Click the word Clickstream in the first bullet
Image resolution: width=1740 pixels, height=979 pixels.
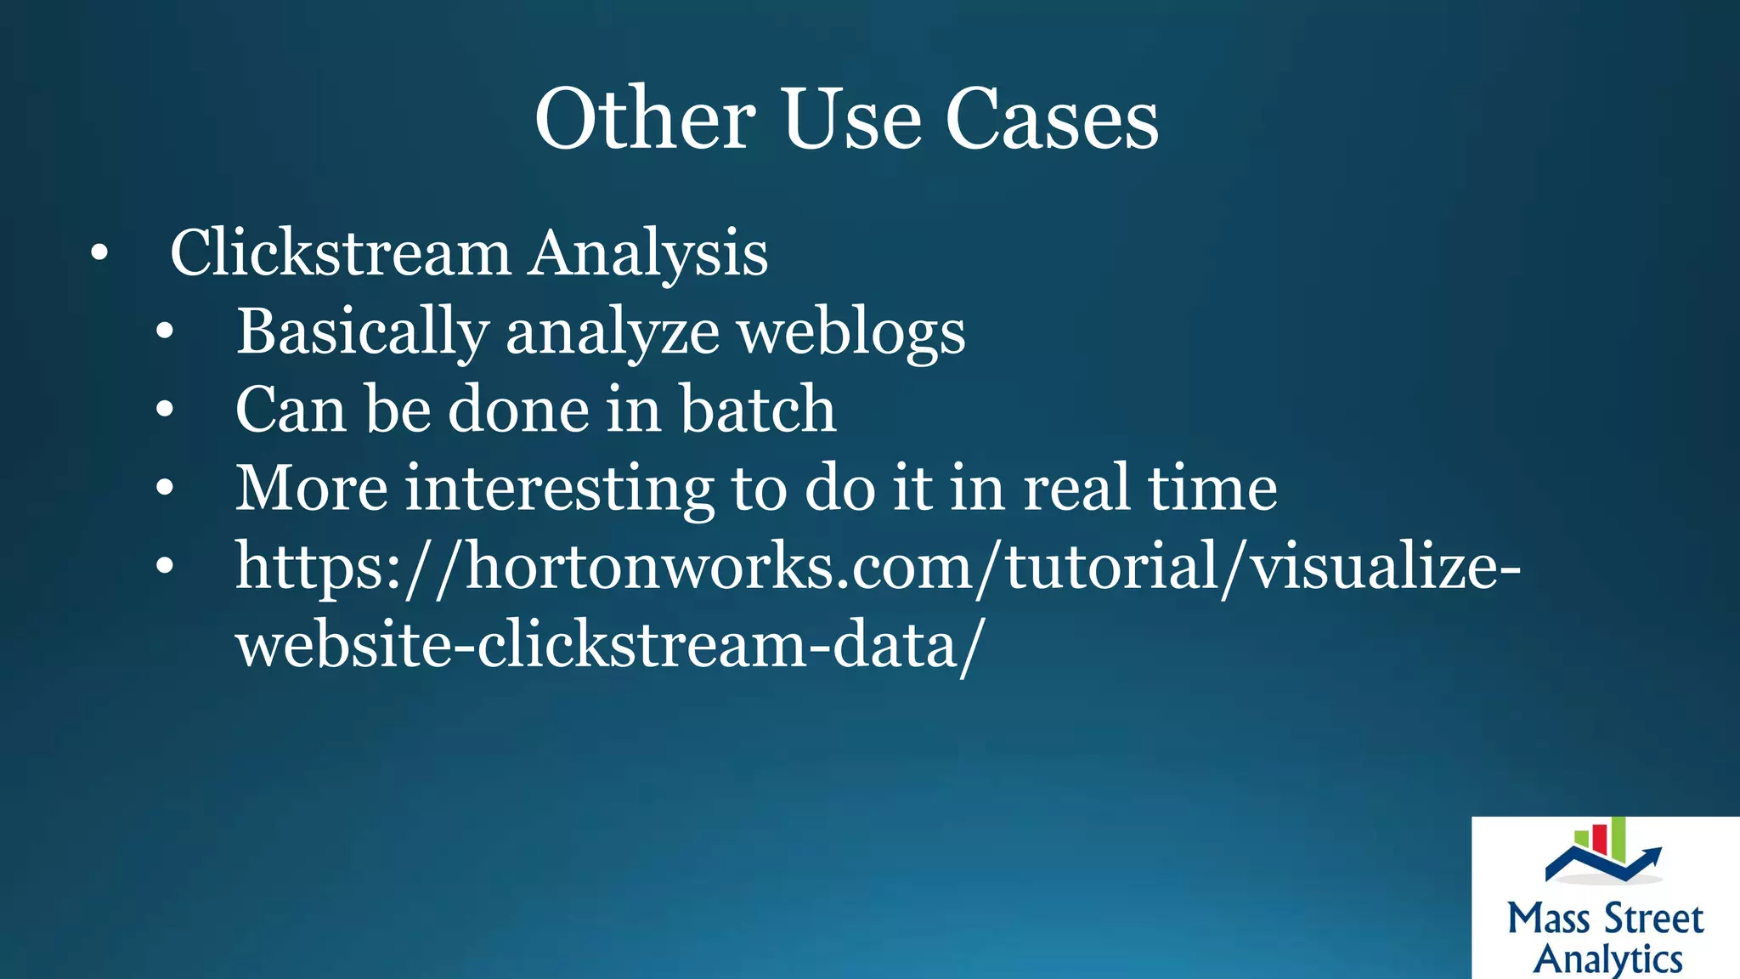pos(340,252)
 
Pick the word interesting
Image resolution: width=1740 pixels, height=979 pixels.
pos(559,489)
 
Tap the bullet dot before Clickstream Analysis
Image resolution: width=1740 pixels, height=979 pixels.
pos(99,252)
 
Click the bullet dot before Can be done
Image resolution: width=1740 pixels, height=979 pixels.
pos(165,410)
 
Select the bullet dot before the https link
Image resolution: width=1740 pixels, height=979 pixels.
pos(165,567)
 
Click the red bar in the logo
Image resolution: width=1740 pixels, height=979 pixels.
pos(1599,839)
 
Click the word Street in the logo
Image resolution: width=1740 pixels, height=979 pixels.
pos(1653,920)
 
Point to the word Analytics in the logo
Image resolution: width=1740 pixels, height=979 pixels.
pos(1607,959)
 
